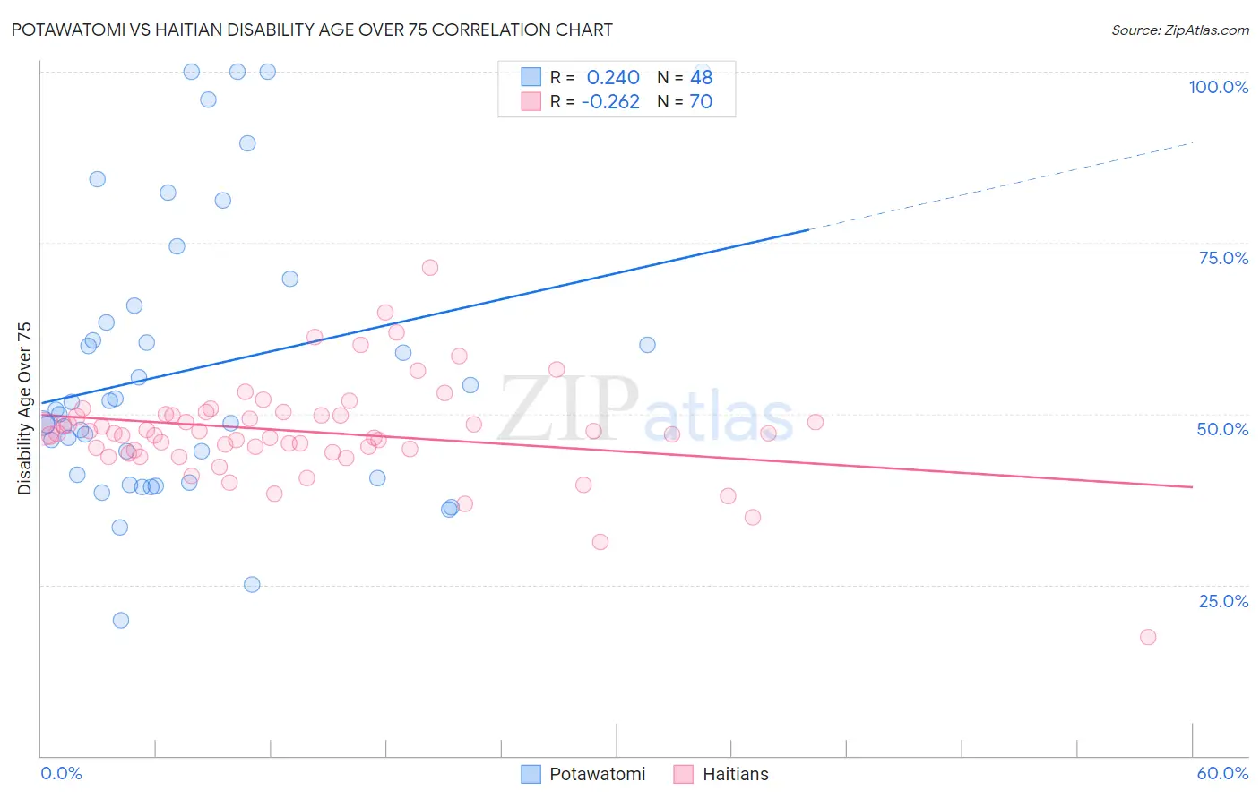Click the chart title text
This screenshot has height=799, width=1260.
[x=312, y=30]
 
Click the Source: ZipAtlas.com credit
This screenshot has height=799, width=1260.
[x=1179, y=30]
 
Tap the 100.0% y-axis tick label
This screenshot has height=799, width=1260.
[x=1218, y=87]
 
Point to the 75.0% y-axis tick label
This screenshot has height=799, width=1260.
[x=1223, y=258]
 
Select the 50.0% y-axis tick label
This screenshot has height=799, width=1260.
[x=1222, y=429]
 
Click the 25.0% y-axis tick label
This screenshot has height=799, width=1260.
[x=1223, y=601]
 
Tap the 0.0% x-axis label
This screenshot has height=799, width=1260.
[x=61, y=773]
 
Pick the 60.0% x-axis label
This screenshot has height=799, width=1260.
[x=1222, y=773]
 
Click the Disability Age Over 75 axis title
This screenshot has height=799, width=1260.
[x=25, y=408]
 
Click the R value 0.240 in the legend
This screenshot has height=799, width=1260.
[x=613, y=78]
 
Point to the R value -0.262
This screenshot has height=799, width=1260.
[x=610, y=102]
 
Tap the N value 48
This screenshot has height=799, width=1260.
[x=701, y=78]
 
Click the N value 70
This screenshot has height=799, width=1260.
[x=701, y=102]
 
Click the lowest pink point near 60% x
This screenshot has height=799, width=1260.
[x=1148, y=637]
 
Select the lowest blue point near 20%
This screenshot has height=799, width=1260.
[x=121, y=620]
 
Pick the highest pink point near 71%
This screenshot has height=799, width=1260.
[x=430, y=268]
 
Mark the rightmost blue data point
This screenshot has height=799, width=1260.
[x=647, y=345]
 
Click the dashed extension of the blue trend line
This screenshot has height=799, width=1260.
[x=1004, y=185]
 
